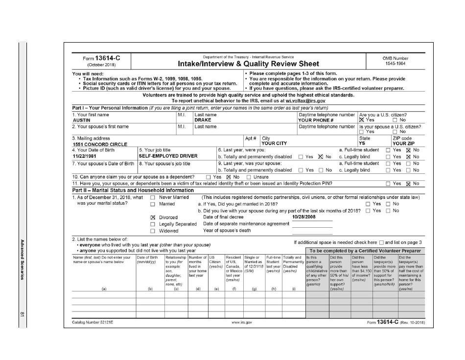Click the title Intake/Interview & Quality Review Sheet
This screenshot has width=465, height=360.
(x=248, y=64)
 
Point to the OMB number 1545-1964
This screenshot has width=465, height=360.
(x=395, y=64)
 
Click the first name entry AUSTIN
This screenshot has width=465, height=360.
(x=81, y=120)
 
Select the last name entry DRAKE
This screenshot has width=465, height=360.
(x=203, y=120)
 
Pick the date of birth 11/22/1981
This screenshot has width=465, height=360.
(x=84, y=156)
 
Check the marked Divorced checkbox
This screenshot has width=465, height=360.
(x=153, y=217)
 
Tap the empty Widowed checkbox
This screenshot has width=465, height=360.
(x=153, y=231)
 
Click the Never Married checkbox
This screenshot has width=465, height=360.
(x=153, y=197)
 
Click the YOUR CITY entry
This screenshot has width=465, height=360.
(x=274, y=144)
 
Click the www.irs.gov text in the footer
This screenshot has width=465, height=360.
(x=242, y=323)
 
